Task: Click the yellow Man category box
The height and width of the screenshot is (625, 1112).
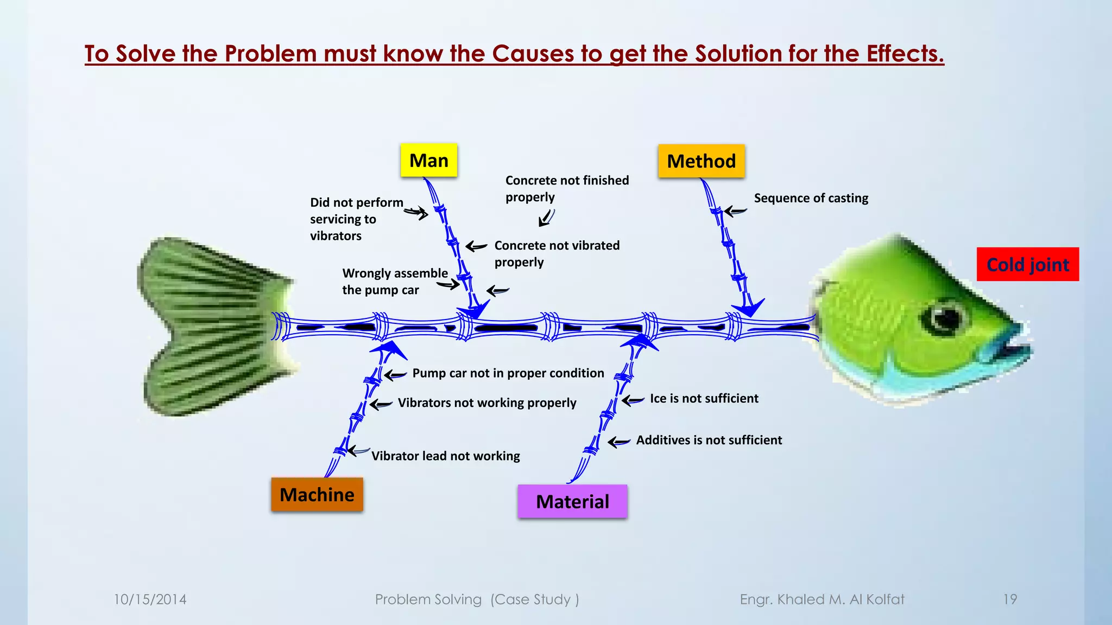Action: [428, 161]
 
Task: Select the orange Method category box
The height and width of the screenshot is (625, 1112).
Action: [701, 161]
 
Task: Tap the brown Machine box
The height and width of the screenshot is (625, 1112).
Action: [317, 495]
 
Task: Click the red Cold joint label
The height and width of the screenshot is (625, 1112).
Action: [1027, 265]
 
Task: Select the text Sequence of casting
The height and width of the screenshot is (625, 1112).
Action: [811, 199]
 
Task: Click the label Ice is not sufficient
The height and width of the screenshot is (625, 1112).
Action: [704, 399]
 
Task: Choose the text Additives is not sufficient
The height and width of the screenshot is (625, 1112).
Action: [709, 441]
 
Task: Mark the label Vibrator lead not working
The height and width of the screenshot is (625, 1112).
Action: [445, 456]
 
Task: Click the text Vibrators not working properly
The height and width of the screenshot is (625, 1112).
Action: [486, 403]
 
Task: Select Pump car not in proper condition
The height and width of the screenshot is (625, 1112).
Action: [508, 373]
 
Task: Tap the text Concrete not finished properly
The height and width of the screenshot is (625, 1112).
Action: [566, 189]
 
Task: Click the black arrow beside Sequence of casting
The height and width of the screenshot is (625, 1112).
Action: [736, 212]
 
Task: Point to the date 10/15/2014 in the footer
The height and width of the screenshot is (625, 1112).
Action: [150, 600]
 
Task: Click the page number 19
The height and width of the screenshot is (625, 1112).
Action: [1009, 600]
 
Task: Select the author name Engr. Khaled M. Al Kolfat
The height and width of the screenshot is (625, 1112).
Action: [822, 600]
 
